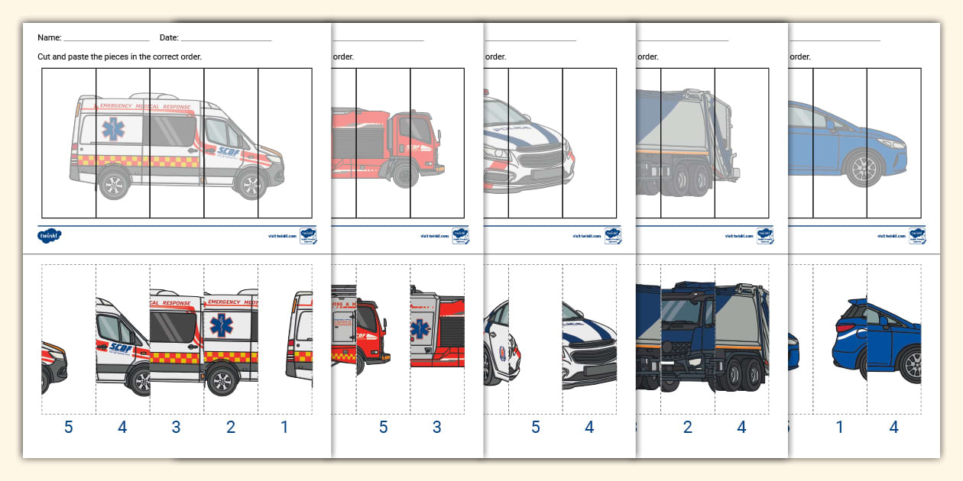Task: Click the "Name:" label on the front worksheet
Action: [x=49, y=37]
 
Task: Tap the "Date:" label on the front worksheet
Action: [x=169, y=37]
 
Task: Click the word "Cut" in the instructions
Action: [x=45, y=56]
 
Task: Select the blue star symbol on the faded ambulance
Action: [x=114, y=130]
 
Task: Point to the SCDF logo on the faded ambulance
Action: [x=228, y=151]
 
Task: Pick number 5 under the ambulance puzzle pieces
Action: [x=69, y=428]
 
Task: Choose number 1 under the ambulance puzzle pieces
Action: [x=284, y=428]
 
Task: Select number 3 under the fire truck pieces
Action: [x=436, y=428]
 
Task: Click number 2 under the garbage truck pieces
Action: [x=687, y=428]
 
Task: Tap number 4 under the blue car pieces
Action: [x=893, y=428]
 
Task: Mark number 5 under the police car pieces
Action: [x=535, y=428]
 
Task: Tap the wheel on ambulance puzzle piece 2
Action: [x=222, y=379]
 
